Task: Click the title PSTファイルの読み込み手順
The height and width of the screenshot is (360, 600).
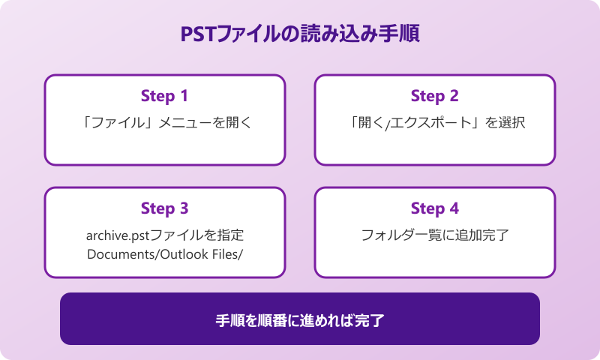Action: click(x=300, y=35)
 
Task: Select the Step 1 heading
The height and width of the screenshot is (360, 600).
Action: click(x=164, y=96)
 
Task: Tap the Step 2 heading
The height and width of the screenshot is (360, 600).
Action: click(x=434, y=96)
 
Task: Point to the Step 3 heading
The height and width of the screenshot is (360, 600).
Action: click(x=164, y=208)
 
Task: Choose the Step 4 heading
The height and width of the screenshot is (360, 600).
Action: click(x=434, y=208)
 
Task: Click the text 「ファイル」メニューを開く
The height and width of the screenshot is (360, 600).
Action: click(x=164, y=123)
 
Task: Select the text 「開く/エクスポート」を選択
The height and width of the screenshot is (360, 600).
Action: click(x=434, y=123)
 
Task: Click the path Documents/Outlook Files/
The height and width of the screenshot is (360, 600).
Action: click(x=164, y=254)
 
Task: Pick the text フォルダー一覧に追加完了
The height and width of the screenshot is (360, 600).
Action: click(x=434, y=235)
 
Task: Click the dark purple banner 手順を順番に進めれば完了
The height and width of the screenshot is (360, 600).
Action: click(x=300, y=319)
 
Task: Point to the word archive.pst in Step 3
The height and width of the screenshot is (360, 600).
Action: click(x=114, y=235)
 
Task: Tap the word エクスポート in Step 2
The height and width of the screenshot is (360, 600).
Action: click(x=432, y=123)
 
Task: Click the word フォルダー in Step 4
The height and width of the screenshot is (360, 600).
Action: click(x=387, y=235)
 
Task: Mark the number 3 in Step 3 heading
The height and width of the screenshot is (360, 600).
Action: click(x=183, y=208)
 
